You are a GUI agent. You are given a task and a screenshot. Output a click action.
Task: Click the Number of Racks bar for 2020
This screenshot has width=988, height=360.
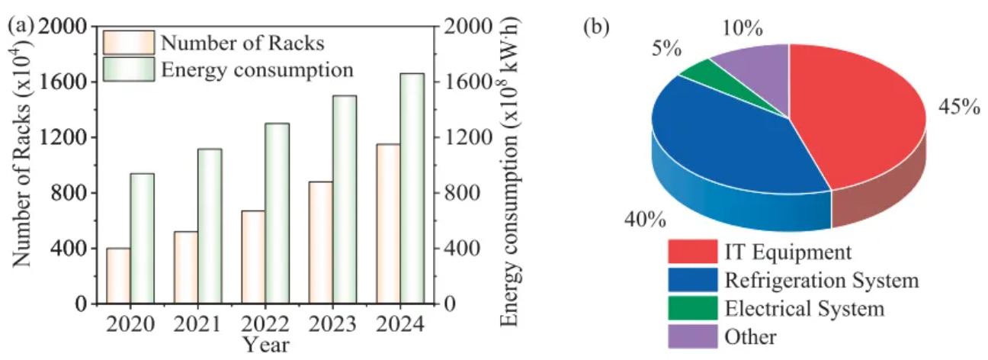[x=118, y=276]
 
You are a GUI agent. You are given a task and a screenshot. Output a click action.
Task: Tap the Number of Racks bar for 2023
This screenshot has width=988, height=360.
[x=320, y=243]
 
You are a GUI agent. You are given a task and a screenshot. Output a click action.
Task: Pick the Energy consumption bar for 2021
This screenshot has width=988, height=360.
[x=210, y=226]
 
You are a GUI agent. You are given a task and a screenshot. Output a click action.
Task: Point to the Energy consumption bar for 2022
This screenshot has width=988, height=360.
[x=277, y=214]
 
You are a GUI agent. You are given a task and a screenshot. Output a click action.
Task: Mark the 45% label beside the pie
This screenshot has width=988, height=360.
[x=958, y=108]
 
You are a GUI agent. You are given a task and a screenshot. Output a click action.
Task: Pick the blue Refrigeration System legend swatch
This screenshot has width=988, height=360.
[x=692, y=280]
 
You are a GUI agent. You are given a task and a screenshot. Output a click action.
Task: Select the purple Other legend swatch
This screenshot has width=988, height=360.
[x=692, y=336]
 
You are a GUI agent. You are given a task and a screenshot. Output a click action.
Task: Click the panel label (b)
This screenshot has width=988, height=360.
[x=596, y=27]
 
